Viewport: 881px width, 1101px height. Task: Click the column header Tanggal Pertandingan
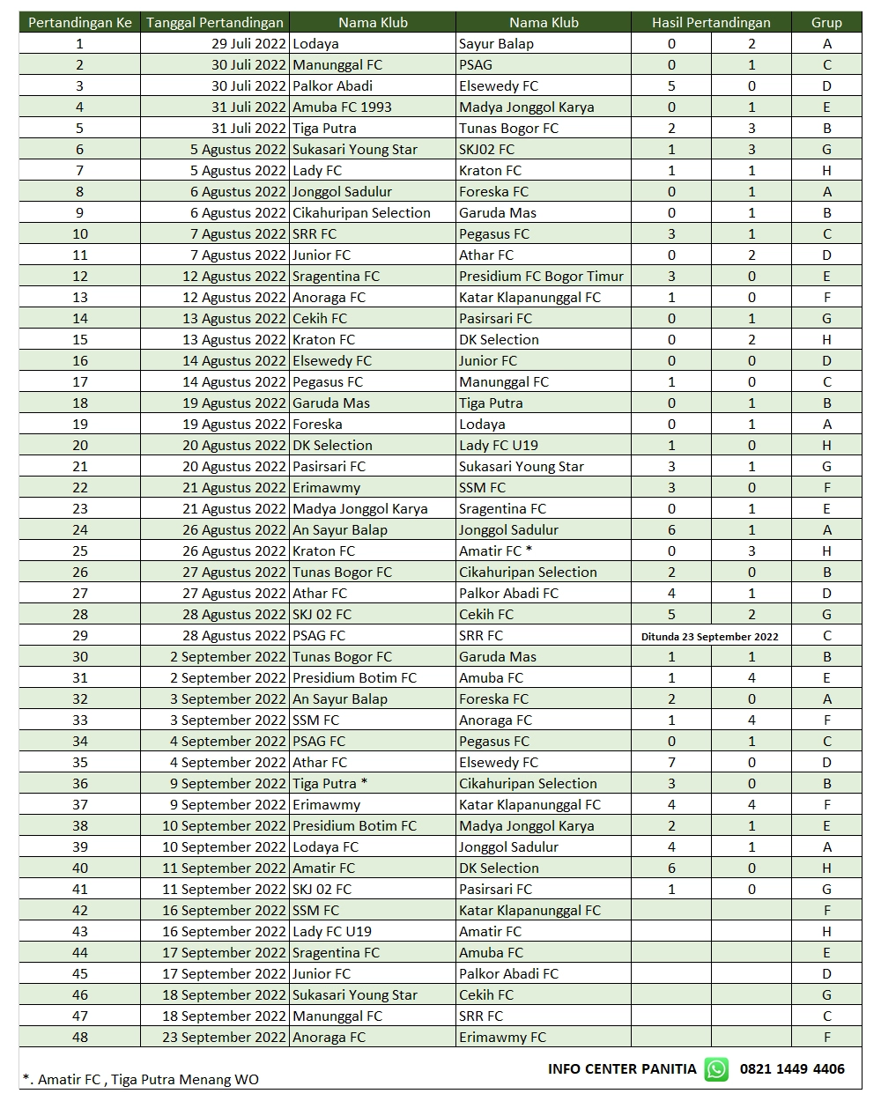[215, 23]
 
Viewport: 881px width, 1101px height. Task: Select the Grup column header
[826, 23]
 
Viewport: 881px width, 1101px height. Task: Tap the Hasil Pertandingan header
[711, 23]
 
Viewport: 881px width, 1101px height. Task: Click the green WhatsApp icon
[716, 1069]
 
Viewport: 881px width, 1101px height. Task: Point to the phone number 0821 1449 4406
[792, 1069]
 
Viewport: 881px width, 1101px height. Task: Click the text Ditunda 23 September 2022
[710, 636]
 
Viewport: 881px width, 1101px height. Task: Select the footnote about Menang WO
[141, 1080]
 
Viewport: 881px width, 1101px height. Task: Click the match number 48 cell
[80, 1038]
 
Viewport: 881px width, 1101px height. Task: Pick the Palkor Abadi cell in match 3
[332, 86]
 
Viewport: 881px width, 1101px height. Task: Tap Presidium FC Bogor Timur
[541, 277]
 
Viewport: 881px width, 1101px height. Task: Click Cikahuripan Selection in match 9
[361, 213]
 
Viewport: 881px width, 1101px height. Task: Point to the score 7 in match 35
[671, 763]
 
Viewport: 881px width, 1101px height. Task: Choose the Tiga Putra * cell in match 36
[329, 784]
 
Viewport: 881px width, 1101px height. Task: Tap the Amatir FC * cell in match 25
[495, 551]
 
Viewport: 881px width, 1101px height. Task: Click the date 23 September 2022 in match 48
[225, 1038]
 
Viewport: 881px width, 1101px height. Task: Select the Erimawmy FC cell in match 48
[502, 1038]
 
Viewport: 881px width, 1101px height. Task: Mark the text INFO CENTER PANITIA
[622, 1069]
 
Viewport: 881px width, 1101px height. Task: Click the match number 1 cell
[80, 44]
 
